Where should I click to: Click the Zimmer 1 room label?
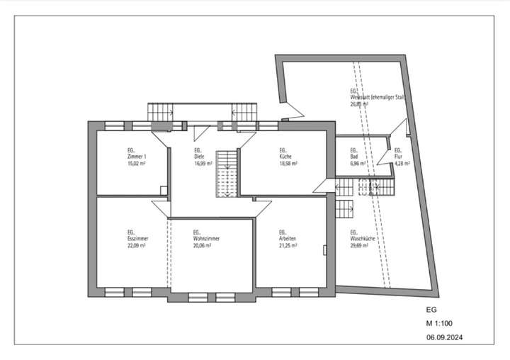pos(137,156)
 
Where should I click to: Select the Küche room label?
pos(287,156)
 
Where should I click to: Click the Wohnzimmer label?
pos(206,239)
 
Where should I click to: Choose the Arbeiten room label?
pos(288,239)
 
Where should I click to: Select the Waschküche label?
pos(362,239)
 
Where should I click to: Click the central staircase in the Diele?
pos(227,173)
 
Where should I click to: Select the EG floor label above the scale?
pos(431,310)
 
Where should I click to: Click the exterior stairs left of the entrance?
pos(161,112)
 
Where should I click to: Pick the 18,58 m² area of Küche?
pos(288,162)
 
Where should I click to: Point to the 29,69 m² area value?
pos(361,245)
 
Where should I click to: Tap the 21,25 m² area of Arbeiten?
pos(288,245)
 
